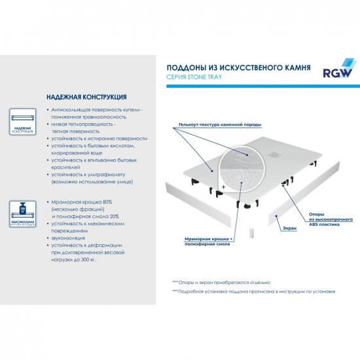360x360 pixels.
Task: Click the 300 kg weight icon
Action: point(22,213)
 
